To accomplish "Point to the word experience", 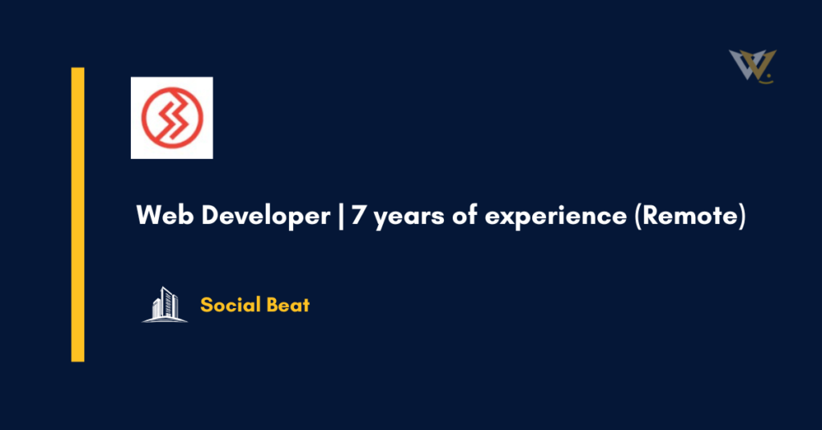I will pos(553,218).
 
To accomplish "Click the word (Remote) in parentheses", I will pos(690,217).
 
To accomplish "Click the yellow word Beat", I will pos(289,305).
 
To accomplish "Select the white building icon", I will pos(165,305).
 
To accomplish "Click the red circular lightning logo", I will pos(172,117).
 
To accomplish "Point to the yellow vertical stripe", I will pos(77,214).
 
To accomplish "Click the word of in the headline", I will pos(455,217).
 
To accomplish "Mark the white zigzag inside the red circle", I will pos(172,117).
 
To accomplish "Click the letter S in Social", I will pos(206,305).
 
